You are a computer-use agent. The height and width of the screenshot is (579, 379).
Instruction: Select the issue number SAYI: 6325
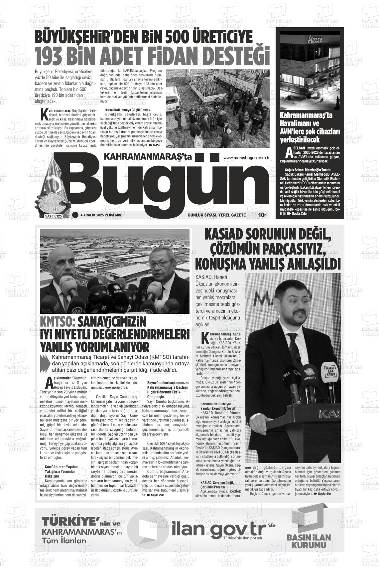coord(53,216)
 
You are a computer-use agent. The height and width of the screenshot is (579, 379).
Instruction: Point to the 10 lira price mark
coord(262,215)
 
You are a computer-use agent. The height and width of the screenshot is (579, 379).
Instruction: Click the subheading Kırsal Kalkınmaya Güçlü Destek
coord(123,110)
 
